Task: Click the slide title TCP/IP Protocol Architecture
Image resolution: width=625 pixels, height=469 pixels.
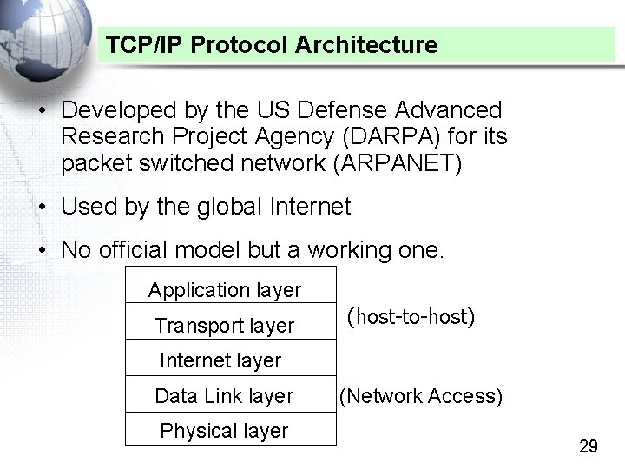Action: coord(272,44)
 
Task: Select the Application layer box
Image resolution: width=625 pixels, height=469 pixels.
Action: coord(225,290)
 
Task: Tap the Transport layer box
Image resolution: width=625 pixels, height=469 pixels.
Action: coord(225,326)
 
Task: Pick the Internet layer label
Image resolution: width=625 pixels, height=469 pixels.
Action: coord(220,360)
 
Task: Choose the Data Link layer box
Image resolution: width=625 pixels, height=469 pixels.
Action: coord(225,396)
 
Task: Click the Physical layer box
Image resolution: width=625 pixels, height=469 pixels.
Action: coord(225,431)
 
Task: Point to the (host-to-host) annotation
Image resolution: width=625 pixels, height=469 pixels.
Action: coord(411,317)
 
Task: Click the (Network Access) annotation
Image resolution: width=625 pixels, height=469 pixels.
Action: coord(421,396)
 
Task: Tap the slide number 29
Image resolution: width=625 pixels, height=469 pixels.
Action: coord(588,446)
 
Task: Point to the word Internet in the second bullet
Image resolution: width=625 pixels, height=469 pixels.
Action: coord(311,207)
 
